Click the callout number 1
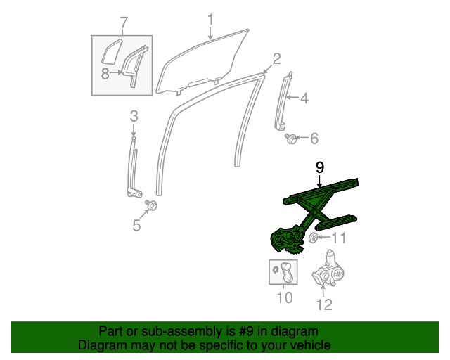tap(210, 19)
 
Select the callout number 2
tap(276, 58)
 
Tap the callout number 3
tap(134, 116)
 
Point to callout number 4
tap(304, 98)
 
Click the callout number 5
tap(136, 225)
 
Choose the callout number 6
tap(314, 138)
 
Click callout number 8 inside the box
tap(105, 73)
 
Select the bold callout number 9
tap(319, 167)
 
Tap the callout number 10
tap(283, 297)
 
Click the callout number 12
tap(323, 304)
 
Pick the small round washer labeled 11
tap(314, 238)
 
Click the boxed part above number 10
tap(283, 271)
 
